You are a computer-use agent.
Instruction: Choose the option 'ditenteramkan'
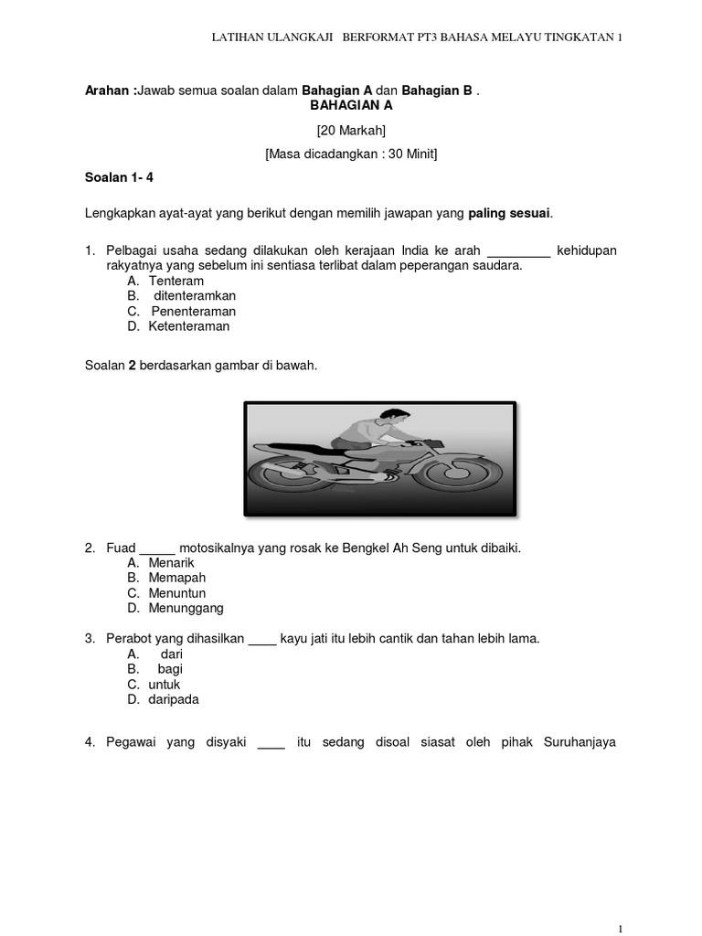coord(195,296)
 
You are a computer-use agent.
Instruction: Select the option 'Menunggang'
coord(186,609)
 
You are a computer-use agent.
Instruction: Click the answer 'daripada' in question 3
coord(174,699)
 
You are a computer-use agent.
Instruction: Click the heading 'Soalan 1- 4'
coord(120,178)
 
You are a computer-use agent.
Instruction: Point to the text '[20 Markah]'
coord(351,131)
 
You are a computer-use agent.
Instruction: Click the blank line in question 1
coord(519,251)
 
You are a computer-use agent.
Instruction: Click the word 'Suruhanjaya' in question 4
coord(580,742)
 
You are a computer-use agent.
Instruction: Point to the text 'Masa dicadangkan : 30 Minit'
coord(351,154)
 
